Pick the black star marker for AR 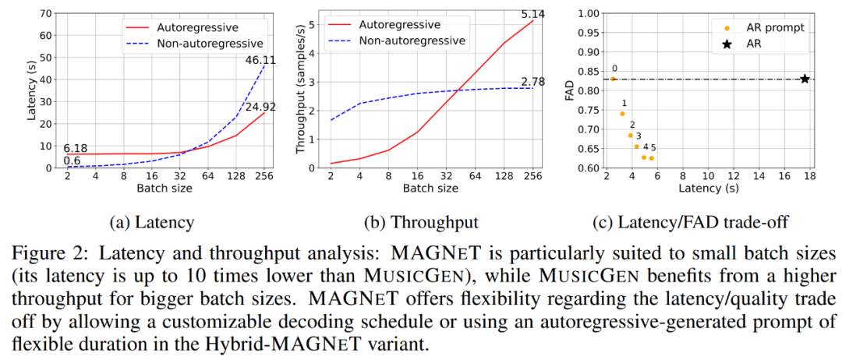tap(805, 79)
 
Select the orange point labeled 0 tap(614, 79)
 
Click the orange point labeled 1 tap(622, 114)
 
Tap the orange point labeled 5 tap(652, 158)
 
